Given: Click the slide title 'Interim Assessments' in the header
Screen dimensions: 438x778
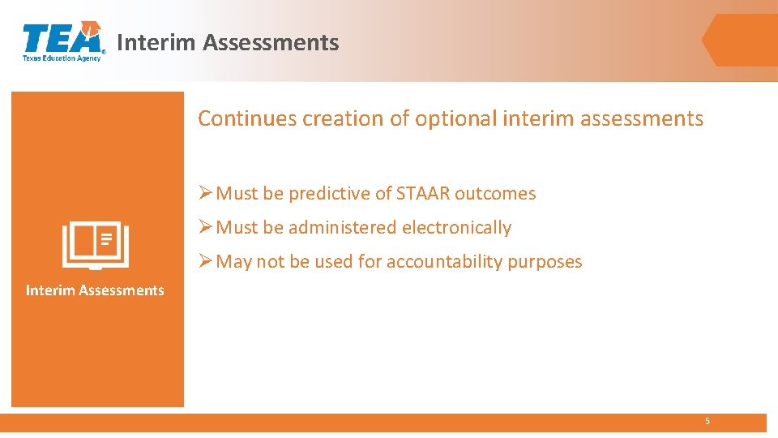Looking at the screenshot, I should click(x=228, y=42).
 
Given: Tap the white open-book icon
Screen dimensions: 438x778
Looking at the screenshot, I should click(x=96, y=245).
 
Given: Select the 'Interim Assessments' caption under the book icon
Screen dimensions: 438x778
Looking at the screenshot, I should click(x=95, y=290).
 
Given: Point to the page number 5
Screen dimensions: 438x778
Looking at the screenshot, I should click(x=707, y=422).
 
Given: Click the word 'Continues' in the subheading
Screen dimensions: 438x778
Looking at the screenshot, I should click(x=247, y=118).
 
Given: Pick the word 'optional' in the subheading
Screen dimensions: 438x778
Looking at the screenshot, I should click(x=456, y=118).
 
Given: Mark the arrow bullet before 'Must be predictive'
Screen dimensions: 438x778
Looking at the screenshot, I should click(x=206, y=193).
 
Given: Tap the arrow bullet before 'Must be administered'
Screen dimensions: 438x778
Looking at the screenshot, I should click(x=206, y=227).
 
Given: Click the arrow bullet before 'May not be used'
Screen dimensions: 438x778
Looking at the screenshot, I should click(x=206, y=261).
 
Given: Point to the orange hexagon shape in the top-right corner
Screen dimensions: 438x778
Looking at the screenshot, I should click(x=739, y=40).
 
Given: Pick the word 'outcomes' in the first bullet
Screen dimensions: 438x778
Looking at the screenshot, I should click(x=495, y=194).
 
